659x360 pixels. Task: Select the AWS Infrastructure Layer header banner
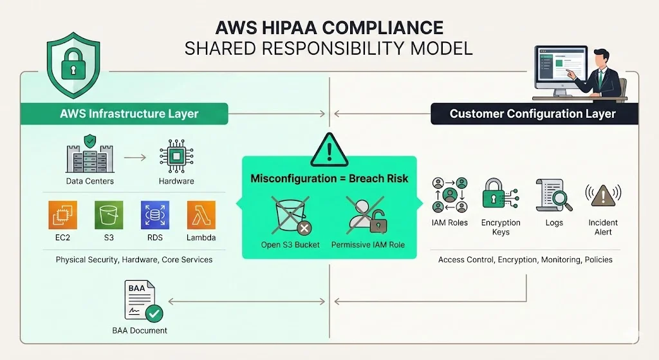(x=124, y=114)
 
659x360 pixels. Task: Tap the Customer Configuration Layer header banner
(x=533, y=114)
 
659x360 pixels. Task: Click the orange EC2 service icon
(x=62, y=215)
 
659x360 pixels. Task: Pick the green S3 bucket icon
(x=108, y=215)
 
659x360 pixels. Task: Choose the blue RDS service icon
(x=154, y=215)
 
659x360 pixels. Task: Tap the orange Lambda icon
(x=201, y=215)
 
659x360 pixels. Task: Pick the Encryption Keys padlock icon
(x=499, y=195)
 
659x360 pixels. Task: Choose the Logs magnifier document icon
(x=553, y=195)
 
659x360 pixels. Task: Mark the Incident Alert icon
(x=602, y=195)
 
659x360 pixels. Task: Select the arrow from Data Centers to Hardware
(x=133, y=156)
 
